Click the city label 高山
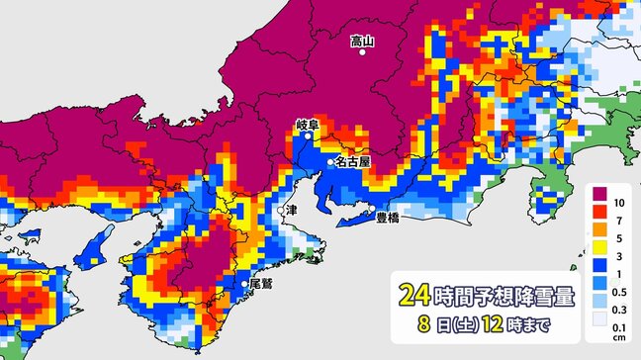coord(363,41)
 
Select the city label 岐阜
coord(307,125)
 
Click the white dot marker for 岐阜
coord(307,137)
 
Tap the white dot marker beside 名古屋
coord(330,161)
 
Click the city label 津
coord(291,211)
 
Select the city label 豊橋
coord(388,218)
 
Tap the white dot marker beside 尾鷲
coord(243,284)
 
